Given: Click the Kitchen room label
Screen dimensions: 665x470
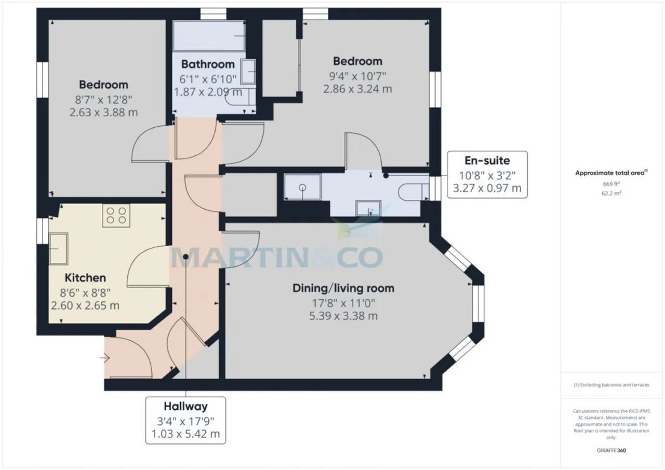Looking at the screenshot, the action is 85,278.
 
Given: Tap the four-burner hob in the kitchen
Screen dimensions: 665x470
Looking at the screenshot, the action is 116,216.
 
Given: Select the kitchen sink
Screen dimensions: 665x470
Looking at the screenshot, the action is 59,249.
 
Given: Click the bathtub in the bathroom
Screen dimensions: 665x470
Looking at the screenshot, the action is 209,36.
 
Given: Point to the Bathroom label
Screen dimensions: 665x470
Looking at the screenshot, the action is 208,64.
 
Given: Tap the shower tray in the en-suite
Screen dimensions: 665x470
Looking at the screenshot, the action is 302,187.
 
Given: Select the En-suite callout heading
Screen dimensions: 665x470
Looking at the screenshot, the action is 487,160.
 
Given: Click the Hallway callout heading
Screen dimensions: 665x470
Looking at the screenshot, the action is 185,407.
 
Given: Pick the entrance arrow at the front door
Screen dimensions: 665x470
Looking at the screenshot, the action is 105,358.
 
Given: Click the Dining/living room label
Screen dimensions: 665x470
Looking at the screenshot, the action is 343,288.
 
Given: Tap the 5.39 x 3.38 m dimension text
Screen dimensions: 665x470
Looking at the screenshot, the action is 343,316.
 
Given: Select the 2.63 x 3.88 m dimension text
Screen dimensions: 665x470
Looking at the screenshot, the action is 103,113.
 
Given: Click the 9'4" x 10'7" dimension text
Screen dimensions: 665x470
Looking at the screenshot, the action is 357,76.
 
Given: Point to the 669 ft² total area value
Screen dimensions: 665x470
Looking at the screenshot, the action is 611,184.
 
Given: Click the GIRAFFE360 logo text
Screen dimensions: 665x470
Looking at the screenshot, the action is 611,450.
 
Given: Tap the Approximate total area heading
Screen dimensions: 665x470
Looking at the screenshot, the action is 611,173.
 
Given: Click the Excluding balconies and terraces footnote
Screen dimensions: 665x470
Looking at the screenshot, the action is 611,385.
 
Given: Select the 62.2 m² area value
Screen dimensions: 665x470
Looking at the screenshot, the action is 611,193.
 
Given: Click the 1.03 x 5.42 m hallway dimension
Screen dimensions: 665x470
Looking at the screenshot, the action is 185,434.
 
